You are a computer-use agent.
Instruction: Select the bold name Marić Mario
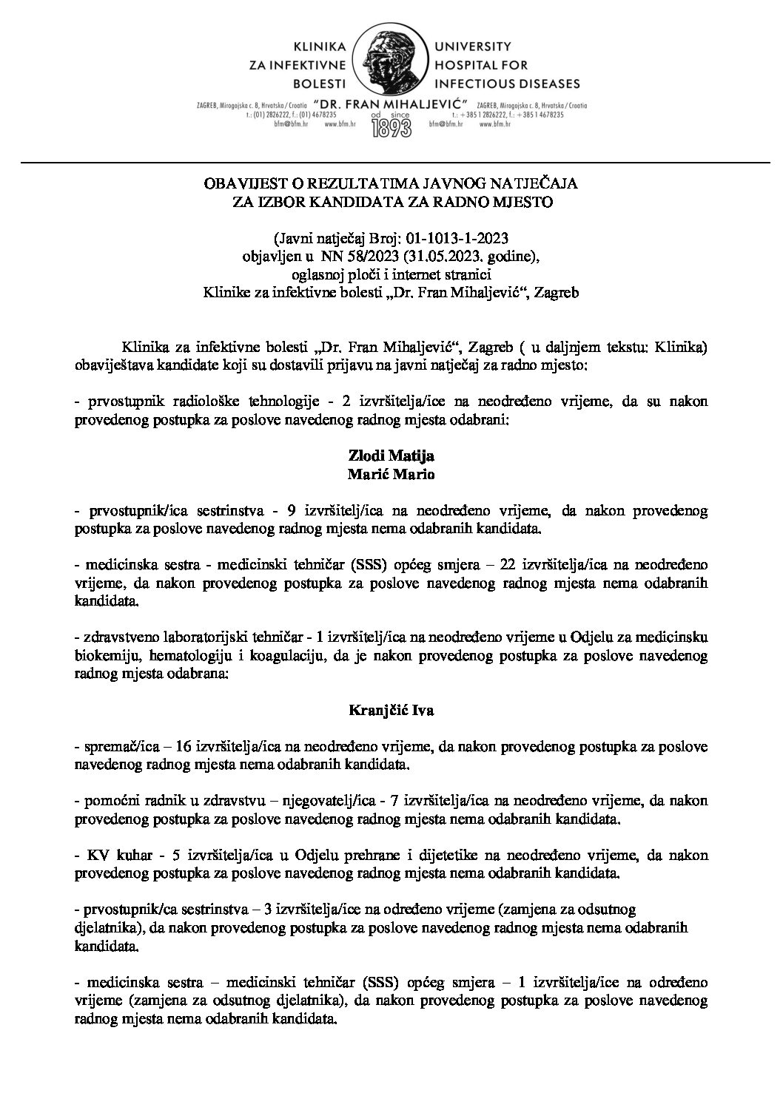coord(391,476)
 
